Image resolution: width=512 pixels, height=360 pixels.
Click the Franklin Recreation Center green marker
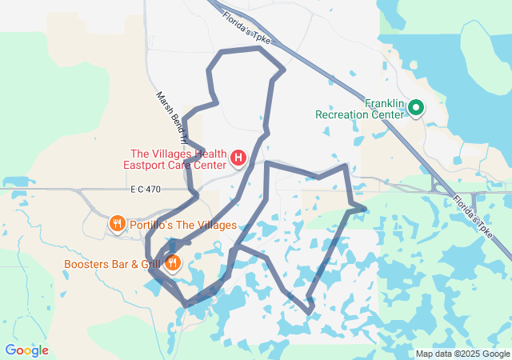pyautogui.click(x=416, y=107)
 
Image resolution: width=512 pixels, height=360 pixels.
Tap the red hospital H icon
pyautogui.click(x=238, y=158)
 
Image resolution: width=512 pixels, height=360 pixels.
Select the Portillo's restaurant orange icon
pyautogui.click(x=117, y=225)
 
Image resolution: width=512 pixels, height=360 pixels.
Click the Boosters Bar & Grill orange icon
pyautogui.click(x=172, y=262)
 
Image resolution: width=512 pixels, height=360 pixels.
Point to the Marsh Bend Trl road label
pyautogui.click(x=170, y=118)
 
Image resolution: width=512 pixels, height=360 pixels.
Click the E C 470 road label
pyautogui.click(x=146, y=189)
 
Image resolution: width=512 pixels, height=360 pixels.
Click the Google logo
pyautogui.click(x=26, y=350)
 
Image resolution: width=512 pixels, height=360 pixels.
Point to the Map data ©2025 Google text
pyautogui.click(x=462, y=354)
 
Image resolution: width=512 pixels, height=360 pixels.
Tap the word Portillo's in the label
pyautogui.click(x=153, y=225)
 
